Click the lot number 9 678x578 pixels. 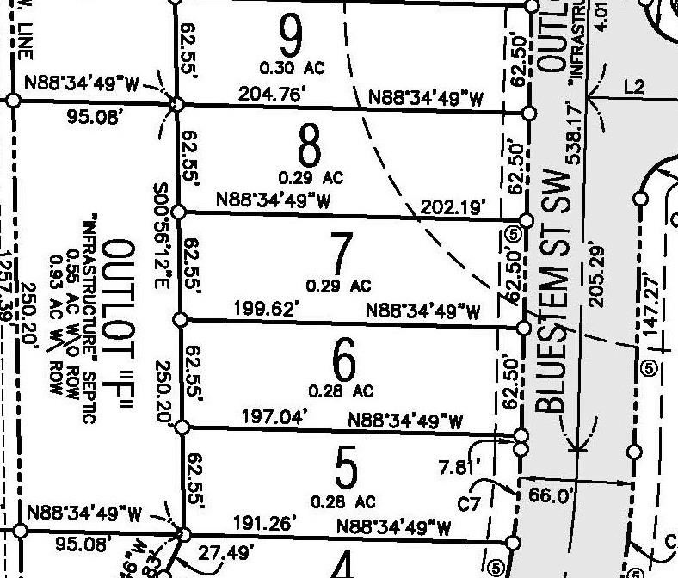(x=292, y=36)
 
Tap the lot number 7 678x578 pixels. (x=341, y=255)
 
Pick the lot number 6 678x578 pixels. (x=342, y=362)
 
